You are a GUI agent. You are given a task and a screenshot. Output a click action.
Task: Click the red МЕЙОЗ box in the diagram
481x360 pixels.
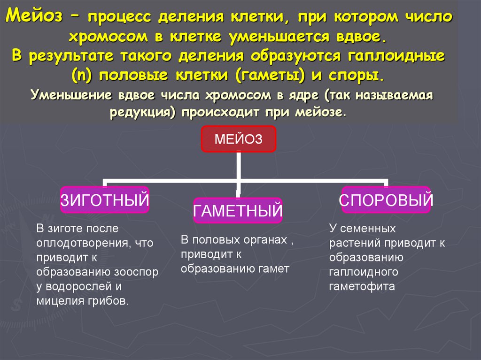239,139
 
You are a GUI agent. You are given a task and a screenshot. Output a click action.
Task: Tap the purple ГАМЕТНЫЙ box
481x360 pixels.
238,210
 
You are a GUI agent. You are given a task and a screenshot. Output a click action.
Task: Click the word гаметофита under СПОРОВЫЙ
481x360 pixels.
362,286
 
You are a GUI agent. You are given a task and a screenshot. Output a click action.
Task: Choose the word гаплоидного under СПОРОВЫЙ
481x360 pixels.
364,272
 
